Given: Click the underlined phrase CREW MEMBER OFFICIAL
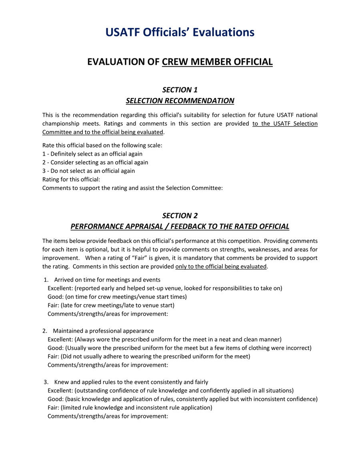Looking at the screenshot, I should tap(217, 62).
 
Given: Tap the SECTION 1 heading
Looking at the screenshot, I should tap(180, 90).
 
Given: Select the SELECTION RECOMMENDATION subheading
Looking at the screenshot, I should tap(180, 101).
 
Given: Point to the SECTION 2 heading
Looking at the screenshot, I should tap(180, 216).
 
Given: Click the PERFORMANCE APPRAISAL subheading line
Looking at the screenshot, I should tap(180, 227).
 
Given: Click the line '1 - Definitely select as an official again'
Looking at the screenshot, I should tap(92, 154).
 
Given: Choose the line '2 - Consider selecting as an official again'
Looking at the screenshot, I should tap(95, 162).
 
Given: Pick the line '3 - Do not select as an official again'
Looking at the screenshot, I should tap(88, 171).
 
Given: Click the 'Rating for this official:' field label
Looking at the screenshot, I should tap(71, 179).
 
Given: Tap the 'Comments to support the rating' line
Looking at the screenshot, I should tap(132, 188).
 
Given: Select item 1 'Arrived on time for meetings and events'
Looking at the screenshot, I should tap(107, 280).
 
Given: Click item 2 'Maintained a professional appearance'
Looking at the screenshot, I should tap(103, 331).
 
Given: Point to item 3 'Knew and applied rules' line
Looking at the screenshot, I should tap(131, 382).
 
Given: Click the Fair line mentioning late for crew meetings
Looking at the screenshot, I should tap(111, 305).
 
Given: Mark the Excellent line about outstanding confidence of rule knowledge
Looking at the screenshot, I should tap(171, 390).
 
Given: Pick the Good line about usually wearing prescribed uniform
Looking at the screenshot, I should tap(179, 348).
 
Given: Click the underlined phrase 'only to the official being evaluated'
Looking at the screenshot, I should tap(221, 267).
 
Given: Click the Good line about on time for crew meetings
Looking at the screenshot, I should tap(117, 297).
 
